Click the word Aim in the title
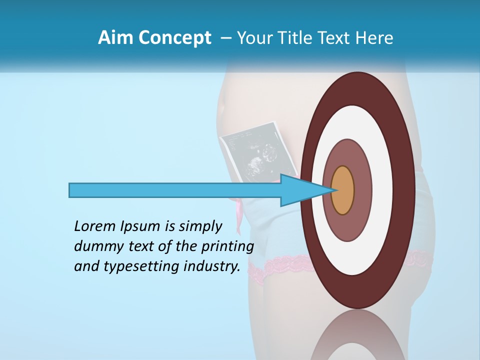click(115, 38)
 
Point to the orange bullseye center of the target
click(342, 190)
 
